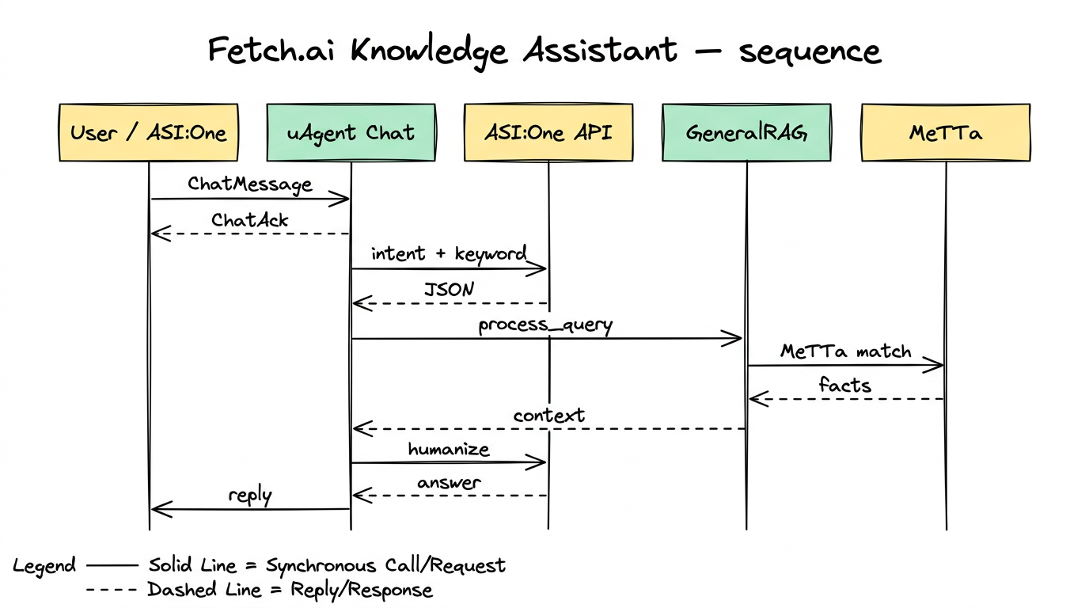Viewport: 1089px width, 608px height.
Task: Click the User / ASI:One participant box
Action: (x=148, y=132)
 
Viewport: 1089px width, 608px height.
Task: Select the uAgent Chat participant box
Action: (x=351, y=132)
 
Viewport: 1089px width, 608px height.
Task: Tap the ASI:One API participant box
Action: (x=548, y=132)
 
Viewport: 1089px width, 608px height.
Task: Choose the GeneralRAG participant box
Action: (x=746, y=132)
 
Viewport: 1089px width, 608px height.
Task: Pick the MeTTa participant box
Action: (x=946, y=132)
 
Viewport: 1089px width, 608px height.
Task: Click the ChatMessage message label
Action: (x=250, y=184)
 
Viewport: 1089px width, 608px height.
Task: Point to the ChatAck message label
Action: (x=250, y=220)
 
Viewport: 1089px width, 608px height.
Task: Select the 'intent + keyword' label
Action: (x=449, y=254)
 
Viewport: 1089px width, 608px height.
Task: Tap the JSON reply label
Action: (x=449, y=290)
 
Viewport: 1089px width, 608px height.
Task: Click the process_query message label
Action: (x=545, y=325)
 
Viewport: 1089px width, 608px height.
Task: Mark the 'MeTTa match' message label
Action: (x=845, y=351)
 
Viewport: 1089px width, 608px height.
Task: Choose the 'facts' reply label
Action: (x=845, y=386)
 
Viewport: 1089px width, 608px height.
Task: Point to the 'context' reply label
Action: (x=548, y=416)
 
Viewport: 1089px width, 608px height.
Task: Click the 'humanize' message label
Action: (x=449, y=450)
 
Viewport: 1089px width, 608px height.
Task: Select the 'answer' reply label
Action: (x=449, y=483)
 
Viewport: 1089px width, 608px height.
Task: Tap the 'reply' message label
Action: (x=250, y=496)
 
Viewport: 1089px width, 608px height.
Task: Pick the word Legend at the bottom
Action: (x=44, y=566)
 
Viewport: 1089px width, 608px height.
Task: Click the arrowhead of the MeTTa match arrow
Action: (x=938, y=365)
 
